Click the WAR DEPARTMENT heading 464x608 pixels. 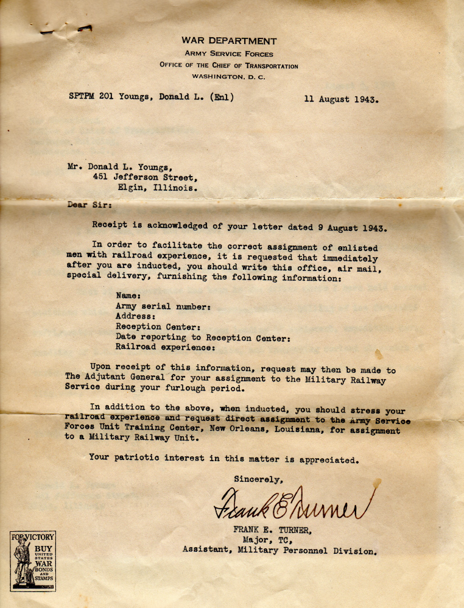pyautogui.click(x=229, y=41)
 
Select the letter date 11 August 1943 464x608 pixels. pyautogui.click(x=341, y=99)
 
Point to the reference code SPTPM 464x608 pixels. pyautogui.click(x=82, y=96)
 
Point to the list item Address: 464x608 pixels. pyautogui.click(x=136, y=316)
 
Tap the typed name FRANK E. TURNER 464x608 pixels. pyautogui.click(x=272, y=529)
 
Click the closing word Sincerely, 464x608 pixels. pyautogui.click(x=258, y=479)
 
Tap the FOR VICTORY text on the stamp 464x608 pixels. pyautogui.click(x=33, y=537)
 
